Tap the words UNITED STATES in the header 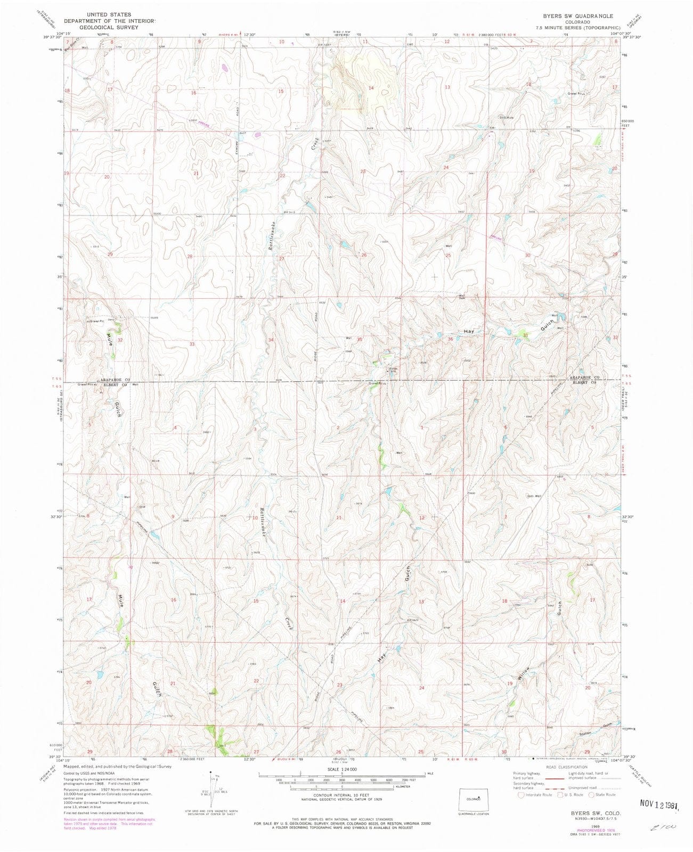[x=112, y=15]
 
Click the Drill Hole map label [x=506, y=118]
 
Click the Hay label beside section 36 [x=469, y=331]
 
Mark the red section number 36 [x=451, y=339]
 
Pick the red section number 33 [x=192, y=344]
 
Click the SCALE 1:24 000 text [x=342, y=769]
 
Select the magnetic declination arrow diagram [x=211, y=788]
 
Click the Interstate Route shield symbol [x=521, y=794]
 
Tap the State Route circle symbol [x=591, y=794]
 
